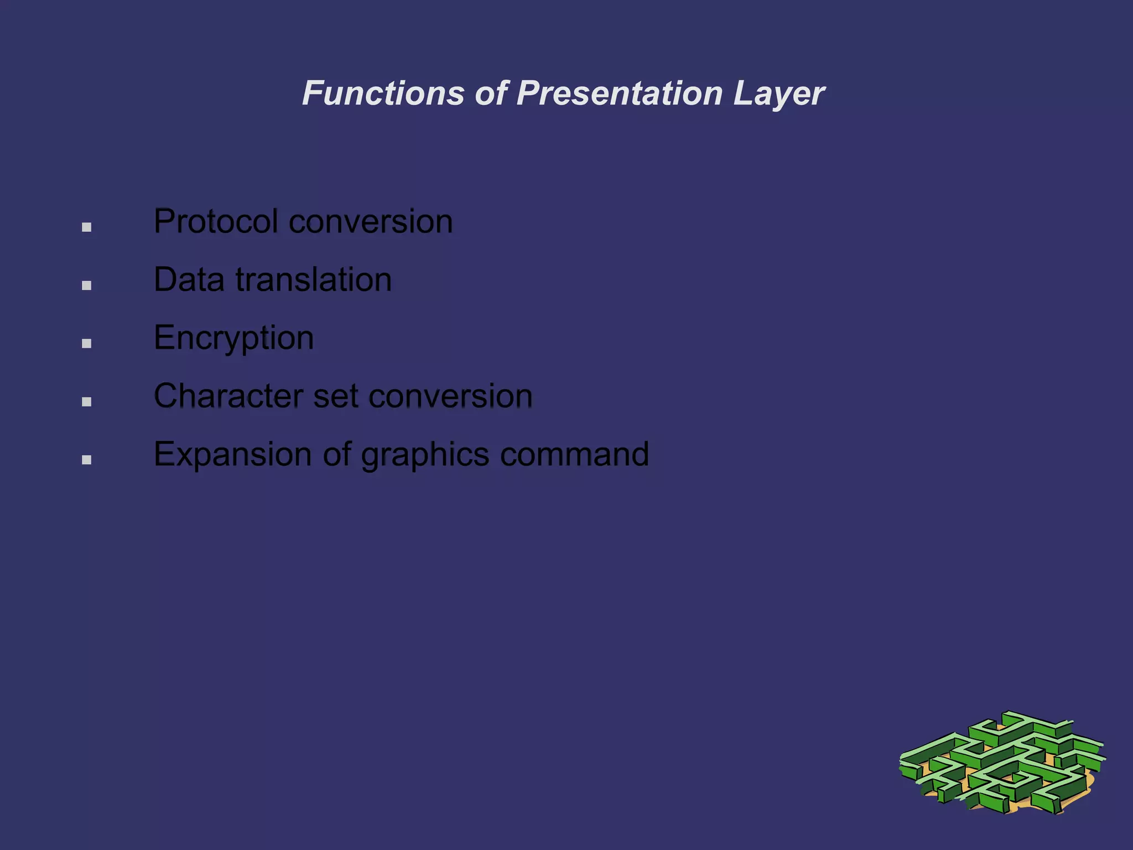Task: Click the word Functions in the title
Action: [383, 93]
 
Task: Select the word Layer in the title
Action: [778, 94]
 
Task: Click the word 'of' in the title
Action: [491, 93]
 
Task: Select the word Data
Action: [189, 279]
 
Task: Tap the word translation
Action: [314, 279]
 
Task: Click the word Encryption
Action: [233, 339]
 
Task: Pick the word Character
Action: [228, 396]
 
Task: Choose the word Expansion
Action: [233, 455]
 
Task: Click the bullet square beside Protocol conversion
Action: [86, 227]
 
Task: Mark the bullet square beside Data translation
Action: [86, 286]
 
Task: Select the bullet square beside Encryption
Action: [86, 344]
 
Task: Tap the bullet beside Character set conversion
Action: [86, 402]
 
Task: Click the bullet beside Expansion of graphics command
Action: [86, 460]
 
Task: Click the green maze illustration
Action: [1001, 764]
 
